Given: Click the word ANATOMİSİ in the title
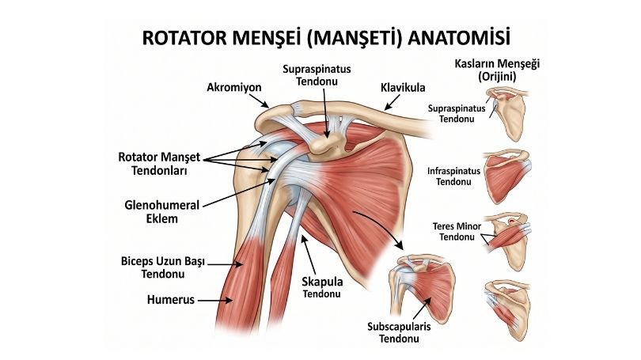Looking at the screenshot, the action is coord(459,37).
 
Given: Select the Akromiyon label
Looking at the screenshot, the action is coord(233,87).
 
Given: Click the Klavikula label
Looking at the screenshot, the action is coord(403,88).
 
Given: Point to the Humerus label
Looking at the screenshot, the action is coord(170,300).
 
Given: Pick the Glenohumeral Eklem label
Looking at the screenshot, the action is coord(162,212).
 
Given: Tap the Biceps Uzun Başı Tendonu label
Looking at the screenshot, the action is coord(163,267).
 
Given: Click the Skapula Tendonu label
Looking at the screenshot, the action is coord(322,287).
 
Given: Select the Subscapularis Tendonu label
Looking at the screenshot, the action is coord(399,332).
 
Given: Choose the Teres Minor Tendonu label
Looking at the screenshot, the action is coord(457,232).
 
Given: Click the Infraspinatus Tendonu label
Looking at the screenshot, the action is coord(453,176).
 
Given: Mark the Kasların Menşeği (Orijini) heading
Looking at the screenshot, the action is coord(497,70).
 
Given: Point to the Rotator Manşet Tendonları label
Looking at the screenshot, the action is coord(159,164).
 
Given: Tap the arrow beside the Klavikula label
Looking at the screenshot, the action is coord(392,103).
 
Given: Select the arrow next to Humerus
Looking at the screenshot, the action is coord(215,301).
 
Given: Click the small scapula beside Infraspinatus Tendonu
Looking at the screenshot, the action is coord(507,176).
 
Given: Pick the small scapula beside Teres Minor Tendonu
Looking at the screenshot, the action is coord(509,241).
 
